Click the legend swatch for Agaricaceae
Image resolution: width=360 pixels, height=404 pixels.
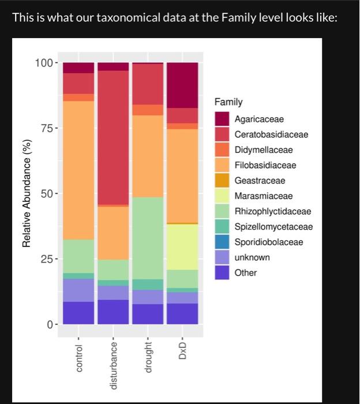pos(222,119)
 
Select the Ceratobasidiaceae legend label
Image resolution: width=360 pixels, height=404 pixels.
pos(271,134)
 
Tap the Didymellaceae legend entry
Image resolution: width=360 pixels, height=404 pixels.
pos(263,150)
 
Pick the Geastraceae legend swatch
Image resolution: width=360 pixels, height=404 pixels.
pos(222,181)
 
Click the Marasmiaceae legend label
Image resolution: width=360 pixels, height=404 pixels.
pos(263,196)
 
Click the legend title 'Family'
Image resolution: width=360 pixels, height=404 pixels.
pos(228,102)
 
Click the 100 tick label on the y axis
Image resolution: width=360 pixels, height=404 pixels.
pos(43,62)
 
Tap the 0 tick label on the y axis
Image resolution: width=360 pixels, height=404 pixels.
pos(48,324)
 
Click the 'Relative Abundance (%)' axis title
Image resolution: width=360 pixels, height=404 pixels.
pos(26,193)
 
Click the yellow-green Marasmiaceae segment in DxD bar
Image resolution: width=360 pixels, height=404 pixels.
pos(182,246)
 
